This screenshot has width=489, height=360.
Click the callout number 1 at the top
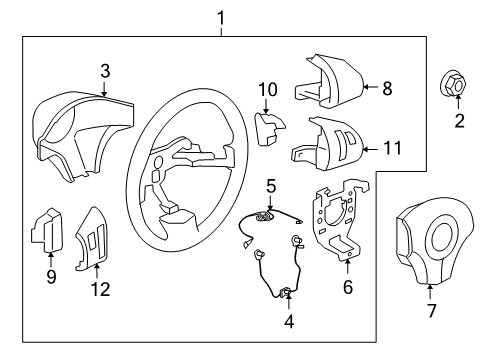(221, 16)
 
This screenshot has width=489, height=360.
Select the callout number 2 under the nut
(460, 122)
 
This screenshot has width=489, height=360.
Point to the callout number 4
(290, 324)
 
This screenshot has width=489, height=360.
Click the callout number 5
(271, 185)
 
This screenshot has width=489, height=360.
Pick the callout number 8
(388, 87)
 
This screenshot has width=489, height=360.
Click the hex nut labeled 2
(450, 87)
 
